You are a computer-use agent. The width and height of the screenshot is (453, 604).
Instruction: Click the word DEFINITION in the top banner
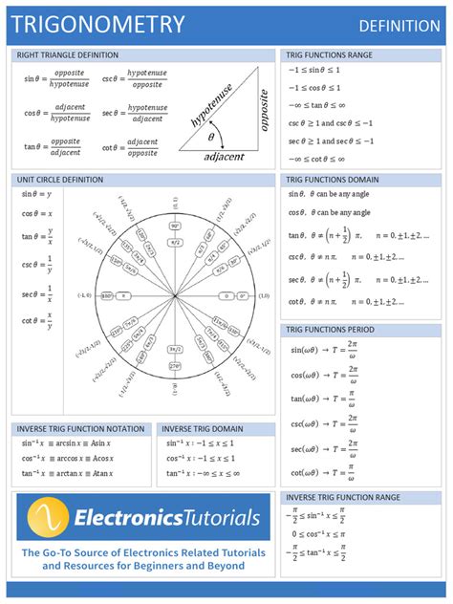(x=399, y=25)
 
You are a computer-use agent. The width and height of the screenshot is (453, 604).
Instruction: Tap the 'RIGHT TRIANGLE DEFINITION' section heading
(x=68, y=55)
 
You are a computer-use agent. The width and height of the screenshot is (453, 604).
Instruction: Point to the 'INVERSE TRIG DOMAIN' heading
(x=204, y=429)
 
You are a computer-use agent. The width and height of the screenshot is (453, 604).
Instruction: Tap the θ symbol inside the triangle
(x=212, y=138)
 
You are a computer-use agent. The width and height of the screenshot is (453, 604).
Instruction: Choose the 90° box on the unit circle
(x=176, y=226)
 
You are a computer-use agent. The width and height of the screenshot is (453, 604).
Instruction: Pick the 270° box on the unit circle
(x=176, y=365)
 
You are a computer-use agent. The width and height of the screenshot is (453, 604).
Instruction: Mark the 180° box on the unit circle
(x=107, y=295)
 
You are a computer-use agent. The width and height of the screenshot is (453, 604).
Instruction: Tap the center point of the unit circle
(x=176, y=295)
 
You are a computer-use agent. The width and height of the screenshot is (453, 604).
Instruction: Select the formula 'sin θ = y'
(x=36, y=194)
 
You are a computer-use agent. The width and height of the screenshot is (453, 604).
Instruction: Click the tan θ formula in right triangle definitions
(x=53, y=146)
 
